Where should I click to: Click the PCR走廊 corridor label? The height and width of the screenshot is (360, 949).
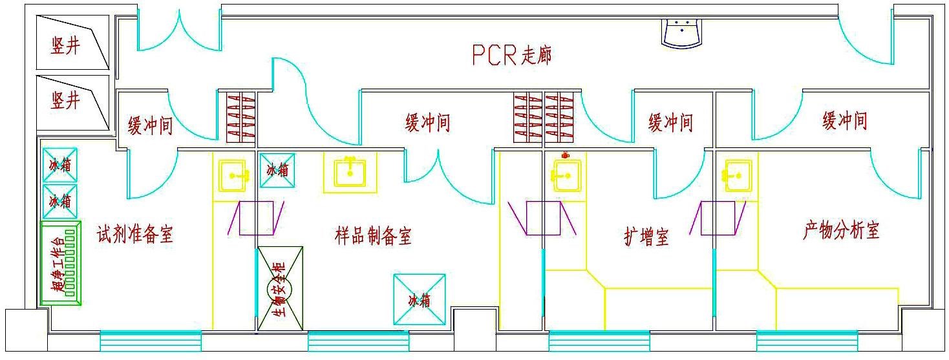pyautogui.click(x=511, y=56)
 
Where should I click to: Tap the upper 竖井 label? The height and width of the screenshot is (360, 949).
pyautogui.click(x=65, y=45)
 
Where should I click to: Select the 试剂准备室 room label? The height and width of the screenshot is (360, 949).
pyautogui.click(x=135, y=233)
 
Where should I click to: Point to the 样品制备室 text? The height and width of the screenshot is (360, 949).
pyautogui.click(x=373, y=236)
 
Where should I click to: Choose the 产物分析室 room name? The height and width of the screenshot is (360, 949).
pyautogui.click(x=841, y=230)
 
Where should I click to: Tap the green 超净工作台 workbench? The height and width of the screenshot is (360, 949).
pyautogui.click(x=60, y=263)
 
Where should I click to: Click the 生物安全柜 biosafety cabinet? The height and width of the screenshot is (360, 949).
pyautogui.click(x=281, y=288)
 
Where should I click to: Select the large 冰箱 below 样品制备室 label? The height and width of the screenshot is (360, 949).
pyautogui.click(x=420, y=300)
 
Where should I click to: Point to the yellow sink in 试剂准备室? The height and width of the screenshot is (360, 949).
pyautogui.click(x=233, y=175)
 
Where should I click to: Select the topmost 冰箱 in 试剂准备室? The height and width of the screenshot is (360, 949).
pyautogui.click(x=60, y=165)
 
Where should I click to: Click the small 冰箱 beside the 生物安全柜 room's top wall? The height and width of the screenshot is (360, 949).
pyautogui.click(x=277, y=170)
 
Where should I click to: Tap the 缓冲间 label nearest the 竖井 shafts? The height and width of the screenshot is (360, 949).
pyautogui.click(x=150, y=126)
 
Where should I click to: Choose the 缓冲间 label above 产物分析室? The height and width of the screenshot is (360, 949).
pyautogui.click(x=844, y=120)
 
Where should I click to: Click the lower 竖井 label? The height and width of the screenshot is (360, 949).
pyautogui.click(x=65, y=100)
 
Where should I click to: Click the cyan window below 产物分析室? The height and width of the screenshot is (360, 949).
pyautogui.click(x=806, y=340)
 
